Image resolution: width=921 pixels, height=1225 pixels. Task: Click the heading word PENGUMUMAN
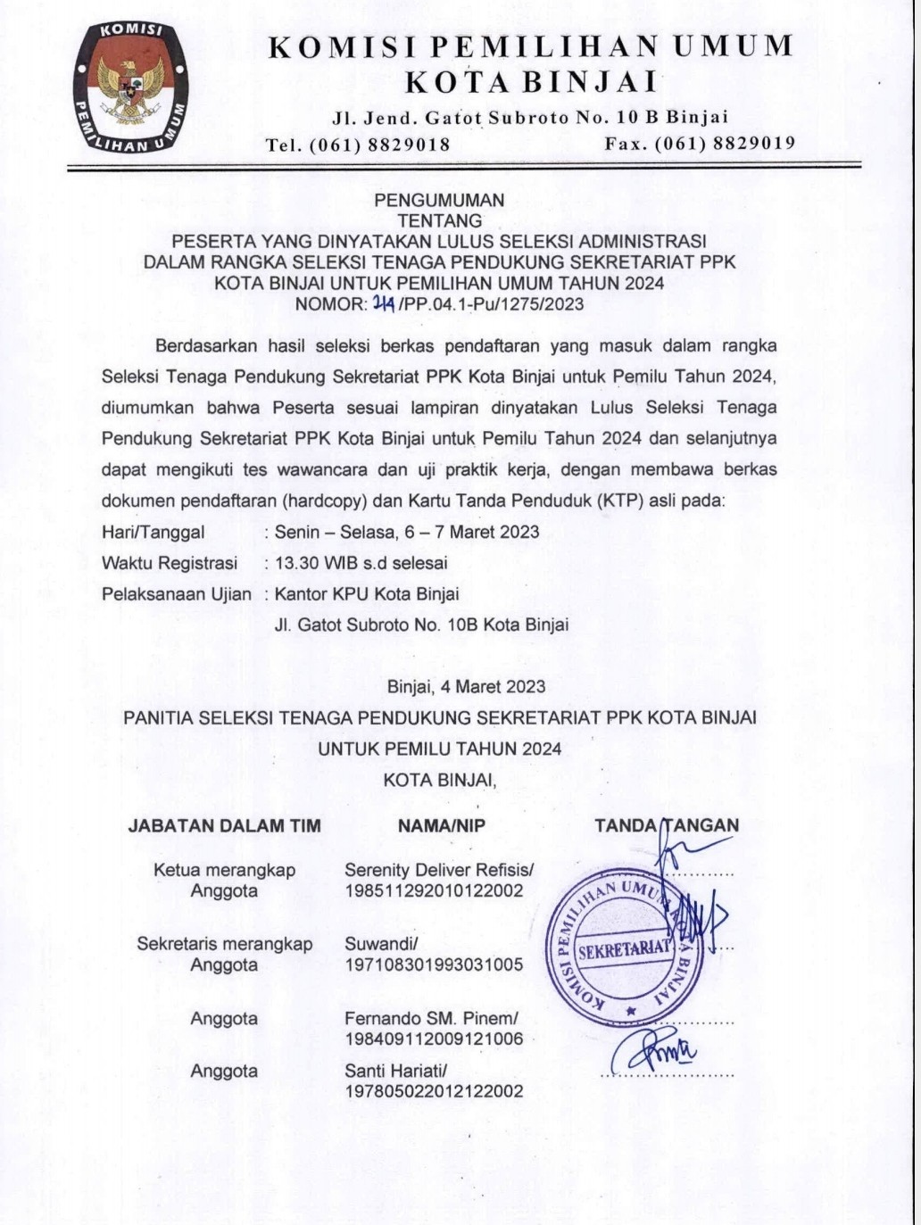[439, 201]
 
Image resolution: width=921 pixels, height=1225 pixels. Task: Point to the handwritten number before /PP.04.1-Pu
[384, 303]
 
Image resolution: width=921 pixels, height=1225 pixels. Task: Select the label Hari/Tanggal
[153, 533]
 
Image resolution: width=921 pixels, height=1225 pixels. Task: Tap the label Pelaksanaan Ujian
[177, 593]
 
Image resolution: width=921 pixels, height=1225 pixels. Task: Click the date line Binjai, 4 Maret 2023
[466, 687]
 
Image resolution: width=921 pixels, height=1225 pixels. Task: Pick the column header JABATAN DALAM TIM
[224, 826]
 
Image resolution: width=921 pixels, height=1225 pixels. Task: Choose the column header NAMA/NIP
[442, 826]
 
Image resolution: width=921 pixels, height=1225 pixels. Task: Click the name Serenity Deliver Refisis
[437, 870]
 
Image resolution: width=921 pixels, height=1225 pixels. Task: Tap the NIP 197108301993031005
[434, 964]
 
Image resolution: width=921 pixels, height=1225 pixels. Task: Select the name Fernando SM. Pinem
[430, 1019]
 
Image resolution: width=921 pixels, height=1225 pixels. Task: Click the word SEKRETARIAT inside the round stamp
[623, 949]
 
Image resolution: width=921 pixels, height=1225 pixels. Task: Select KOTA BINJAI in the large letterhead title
[531, 82]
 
